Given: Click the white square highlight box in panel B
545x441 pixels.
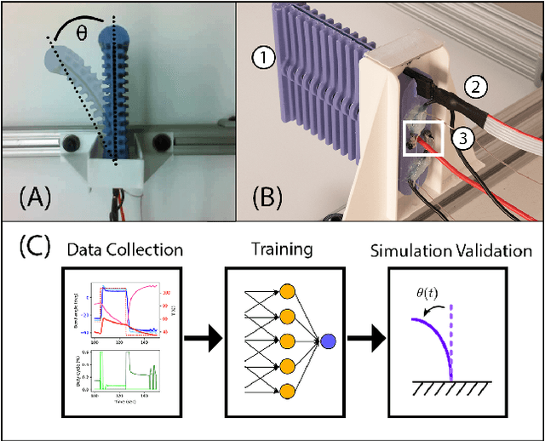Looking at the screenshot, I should click(x=422, y=140).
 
